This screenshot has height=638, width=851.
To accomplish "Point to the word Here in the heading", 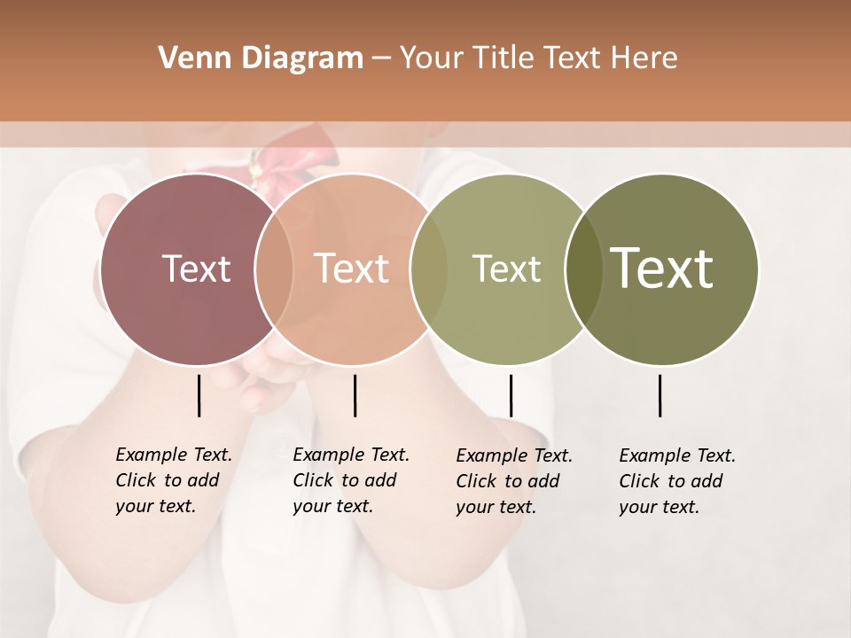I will coord(644,58).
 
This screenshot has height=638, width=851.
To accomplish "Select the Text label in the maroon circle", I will coord(196,268).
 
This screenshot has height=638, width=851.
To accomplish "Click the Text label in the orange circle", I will coord(351,268).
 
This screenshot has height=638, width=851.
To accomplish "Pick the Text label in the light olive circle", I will coord(506,268).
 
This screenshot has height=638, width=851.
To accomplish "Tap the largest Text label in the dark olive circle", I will coord(662,268).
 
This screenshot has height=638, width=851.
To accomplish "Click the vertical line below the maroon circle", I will coord(199,395).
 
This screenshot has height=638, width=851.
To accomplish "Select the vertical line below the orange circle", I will coord(355,395).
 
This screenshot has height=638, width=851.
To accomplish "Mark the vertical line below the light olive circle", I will coord(511,395).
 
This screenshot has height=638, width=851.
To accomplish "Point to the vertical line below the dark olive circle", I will coord(660,395).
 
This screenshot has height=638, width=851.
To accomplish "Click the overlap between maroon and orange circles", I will coord(274,269).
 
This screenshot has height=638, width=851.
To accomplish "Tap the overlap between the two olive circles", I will coord(583,269).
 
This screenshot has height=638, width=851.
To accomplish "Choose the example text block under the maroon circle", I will coord(174,480).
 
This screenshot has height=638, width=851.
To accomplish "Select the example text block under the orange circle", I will coord(351,480).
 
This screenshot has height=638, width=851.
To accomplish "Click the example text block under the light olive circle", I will coord(514,481).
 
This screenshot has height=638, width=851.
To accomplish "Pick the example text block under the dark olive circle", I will coord(677,481).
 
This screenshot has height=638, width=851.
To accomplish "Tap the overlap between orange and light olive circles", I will coord(429,269).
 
